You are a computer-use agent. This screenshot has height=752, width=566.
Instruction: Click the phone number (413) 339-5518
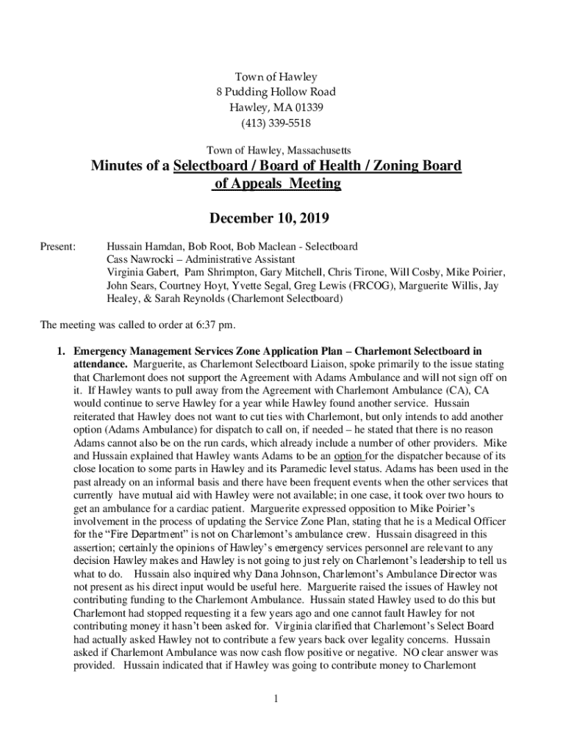click(x=276, y=123)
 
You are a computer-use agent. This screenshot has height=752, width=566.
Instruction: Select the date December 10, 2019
click(x=269, y=219)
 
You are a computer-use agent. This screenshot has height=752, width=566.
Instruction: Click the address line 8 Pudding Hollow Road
click(x=276, y=92)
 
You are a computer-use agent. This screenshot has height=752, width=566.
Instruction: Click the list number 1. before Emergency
click(x=63, y=350)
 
